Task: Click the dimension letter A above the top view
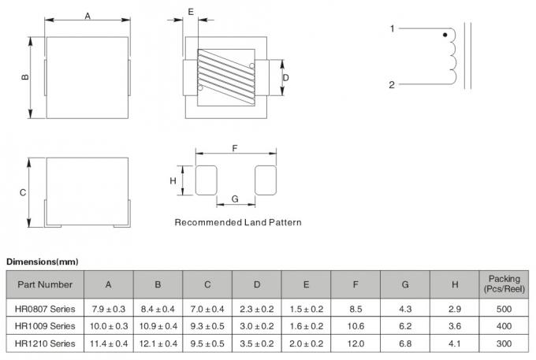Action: (x=87, y=16)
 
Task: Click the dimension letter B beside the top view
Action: (x=25, y=77)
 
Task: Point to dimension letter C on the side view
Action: (x=24, y=192)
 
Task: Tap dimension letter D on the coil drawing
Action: (x=286, y=77)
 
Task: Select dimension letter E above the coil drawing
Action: (x=191, y=11)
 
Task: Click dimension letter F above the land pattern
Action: (x=235, y=147)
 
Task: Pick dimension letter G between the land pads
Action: (x=235, y=198)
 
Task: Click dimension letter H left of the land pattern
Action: (x=173, y=181)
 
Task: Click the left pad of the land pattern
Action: (x=206, y=180)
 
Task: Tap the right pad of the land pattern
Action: (x=266, y=180)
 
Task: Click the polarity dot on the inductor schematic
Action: (x=445, y=35)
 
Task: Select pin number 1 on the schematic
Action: (x=392, y=29)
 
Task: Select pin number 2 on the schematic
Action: (x=392, y=84)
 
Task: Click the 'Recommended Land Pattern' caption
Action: (x=237, y=222)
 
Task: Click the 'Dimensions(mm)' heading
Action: (x=43, y=261)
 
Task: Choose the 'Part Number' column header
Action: (x=45, y=284)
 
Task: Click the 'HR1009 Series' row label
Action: (x=45, y=325)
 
